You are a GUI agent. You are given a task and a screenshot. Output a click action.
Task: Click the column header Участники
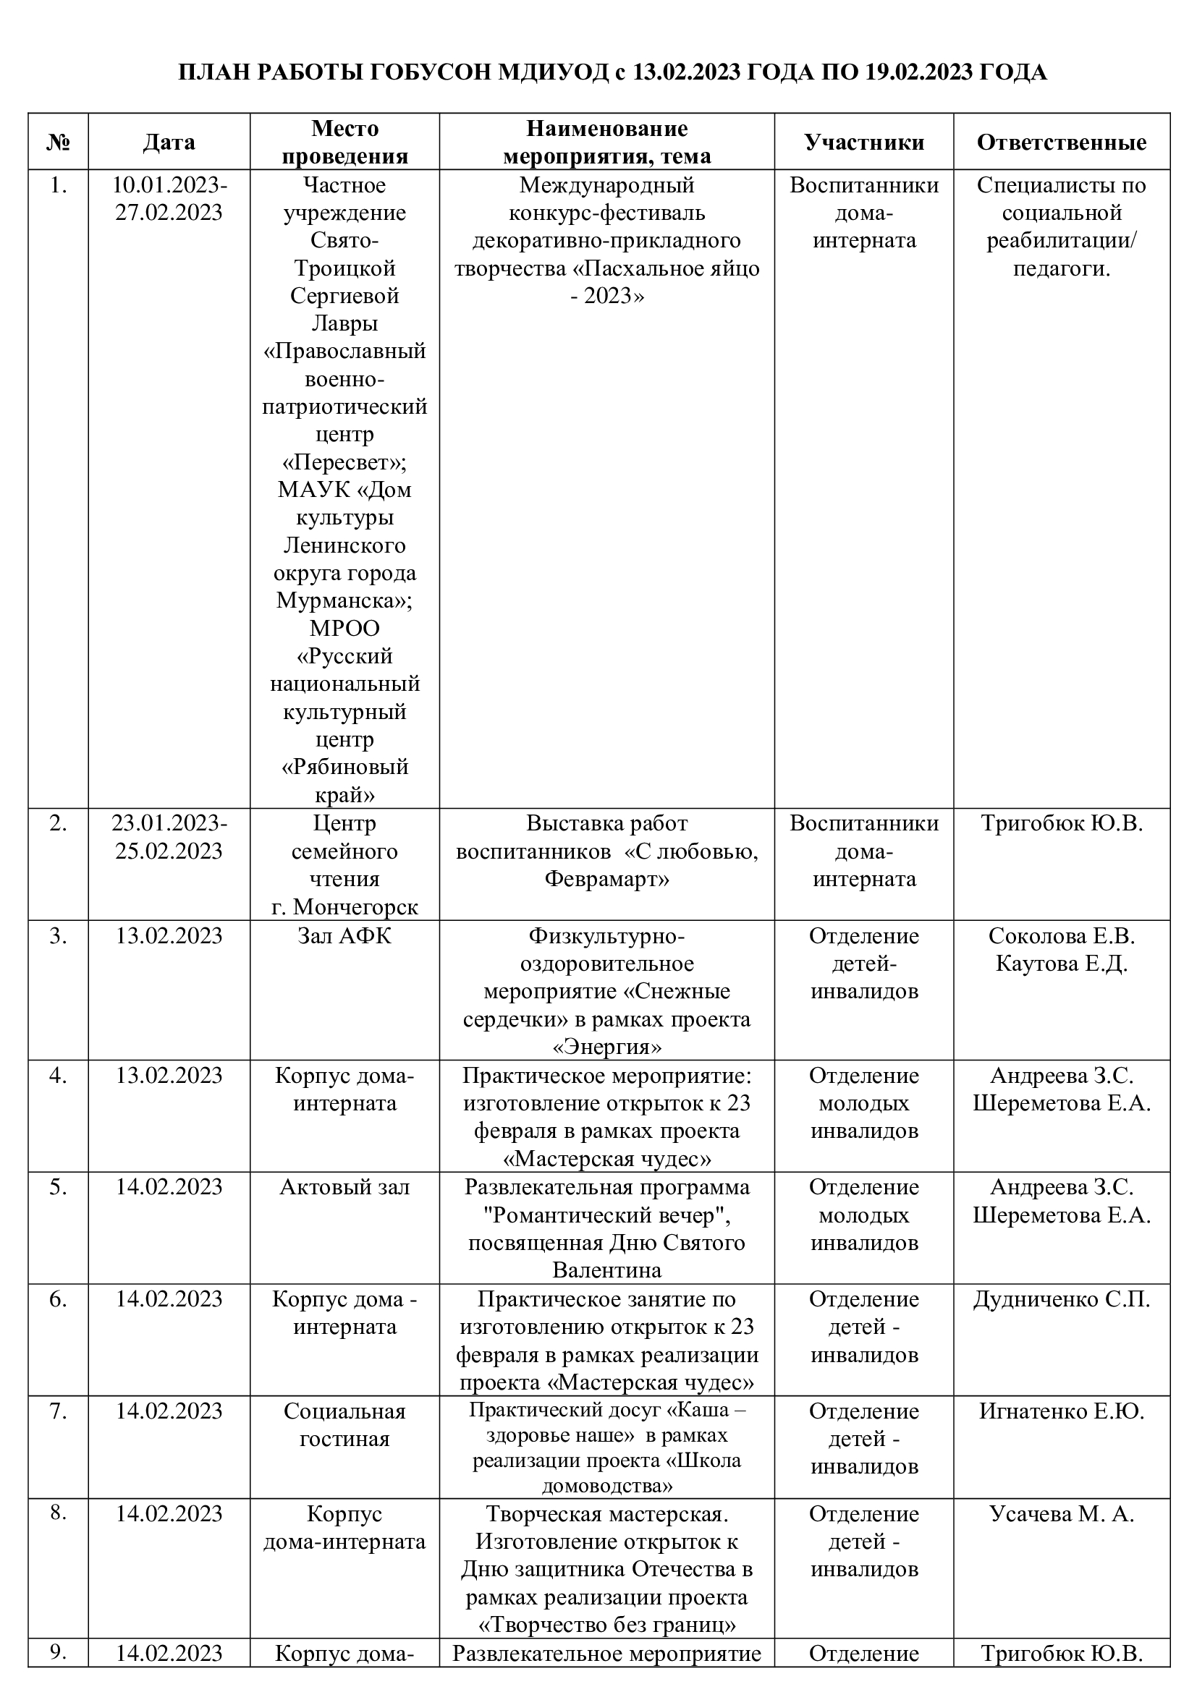864,143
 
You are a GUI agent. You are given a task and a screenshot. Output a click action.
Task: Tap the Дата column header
169,143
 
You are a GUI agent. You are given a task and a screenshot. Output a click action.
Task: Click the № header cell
58,143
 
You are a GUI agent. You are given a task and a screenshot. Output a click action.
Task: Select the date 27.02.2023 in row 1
169,213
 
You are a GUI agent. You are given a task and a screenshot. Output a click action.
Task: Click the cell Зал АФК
344,936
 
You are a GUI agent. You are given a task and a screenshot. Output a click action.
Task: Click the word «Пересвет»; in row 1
344,463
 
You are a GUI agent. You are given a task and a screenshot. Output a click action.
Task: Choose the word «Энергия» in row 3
606,1047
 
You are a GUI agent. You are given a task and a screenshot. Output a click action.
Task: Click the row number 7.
58,1411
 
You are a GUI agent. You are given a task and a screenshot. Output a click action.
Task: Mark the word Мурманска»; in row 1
344,600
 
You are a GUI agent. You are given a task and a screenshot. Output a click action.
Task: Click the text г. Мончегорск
344,906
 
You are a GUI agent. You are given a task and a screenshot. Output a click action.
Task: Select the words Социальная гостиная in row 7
344,1424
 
